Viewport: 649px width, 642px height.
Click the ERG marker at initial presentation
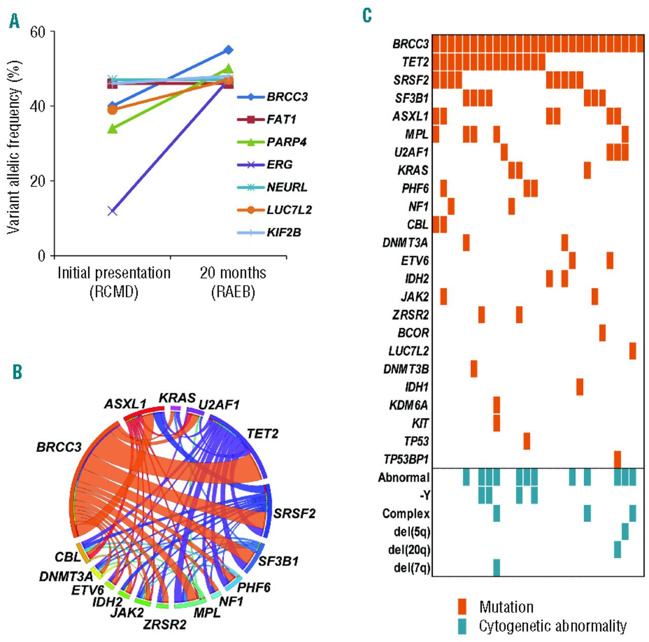click(113, 211)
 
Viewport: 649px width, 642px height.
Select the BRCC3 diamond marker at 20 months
click(228, 50)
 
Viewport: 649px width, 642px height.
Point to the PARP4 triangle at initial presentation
click(113, 129)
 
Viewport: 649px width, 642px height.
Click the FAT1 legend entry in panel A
click(281, 119)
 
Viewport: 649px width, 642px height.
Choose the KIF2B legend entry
click(283, 232)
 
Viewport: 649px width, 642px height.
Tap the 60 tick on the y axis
click(38, 32)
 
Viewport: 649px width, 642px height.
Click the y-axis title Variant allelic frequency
click(14, 147)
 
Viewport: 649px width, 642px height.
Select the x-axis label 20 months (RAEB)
click(233, 282)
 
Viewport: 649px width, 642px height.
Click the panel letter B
click(17, 372)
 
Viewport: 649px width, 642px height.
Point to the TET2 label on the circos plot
click(262, 434)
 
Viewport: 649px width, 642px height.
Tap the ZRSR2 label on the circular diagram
click(164, 624)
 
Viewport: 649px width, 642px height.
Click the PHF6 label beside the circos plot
click(254, 588)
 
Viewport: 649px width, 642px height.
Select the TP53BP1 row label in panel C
click(406, 459)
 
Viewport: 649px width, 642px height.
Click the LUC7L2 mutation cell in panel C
click(632, 351)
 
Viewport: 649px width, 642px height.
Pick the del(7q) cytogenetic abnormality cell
click(496, 567)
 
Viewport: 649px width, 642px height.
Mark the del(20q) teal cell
click(617, 550)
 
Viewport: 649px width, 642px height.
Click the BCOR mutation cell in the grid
click(602, 333)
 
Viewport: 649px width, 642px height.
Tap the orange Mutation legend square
click(462, 607)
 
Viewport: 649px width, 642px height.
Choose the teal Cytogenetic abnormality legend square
click(462, 626)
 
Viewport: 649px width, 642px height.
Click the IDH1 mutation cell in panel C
click(580, 387)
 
